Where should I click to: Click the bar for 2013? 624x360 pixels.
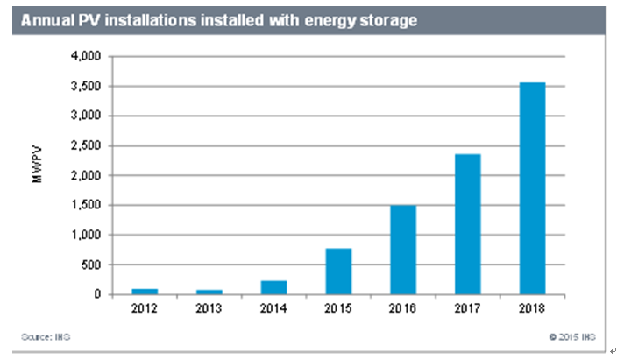tap(209, 292)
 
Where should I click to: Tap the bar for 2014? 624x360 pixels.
tap(273, 287)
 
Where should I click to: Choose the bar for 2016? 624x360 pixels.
tap(403, 250)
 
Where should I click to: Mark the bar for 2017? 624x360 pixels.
tap(468, 224)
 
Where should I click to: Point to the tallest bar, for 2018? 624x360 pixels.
tap(533, 188)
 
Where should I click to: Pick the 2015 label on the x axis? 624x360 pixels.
tap(338, 309)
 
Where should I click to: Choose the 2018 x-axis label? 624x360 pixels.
tap(533, 309)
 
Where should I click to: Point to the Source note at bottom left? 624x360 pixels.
tap(39, 336)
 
